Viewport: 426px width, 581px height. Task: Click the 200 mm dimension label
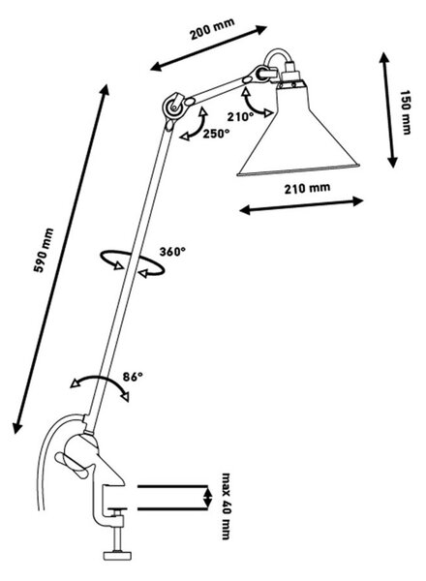pyautogui.click(x=212, y=29)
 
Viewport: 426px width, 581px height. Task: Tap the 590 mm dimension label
pyautogui.click(x=44, y=251)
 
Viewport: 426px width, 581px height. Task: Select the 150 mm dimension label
pyautogui.click(x=406, y=112)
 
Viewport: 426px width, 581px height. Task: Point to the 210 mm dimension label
pyautogui.click(x=307, y=188)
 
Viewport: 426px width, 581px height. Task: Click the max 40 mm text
pyautogui.click(x=226, y=505)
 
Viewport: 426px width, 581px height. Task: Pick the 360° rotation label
pyautogui.click(x=172, y=252)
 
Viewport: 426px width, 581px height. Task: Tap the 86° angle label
pyautogui.click(x=133, y=377)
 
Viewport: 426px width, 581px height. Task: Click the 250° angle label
pyautogui.click(x=216, y=134)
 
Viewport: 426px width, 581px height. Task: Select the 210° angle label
pyautogui.click(x=240, y=117)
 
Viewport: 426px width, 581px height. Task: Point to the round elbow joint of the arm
pyautogui.click(x=173, y=107)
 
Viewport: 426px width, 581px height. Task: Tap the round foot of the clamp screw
pyautogui.click(x=117, y=555)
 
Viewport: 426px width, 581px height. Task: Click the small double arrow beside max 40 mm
pyautogui.click(x=207, y=498)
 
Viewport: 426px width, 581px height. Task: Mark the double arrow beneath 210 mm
pyautogui.click(x=301, y=206)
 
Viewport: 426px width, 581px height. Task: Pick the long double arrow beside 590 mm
pyautogui.click(x=61, y=259)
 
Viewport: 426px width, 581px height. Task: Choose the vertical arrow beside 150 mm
pyautogui.click(x=388, y=110)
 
